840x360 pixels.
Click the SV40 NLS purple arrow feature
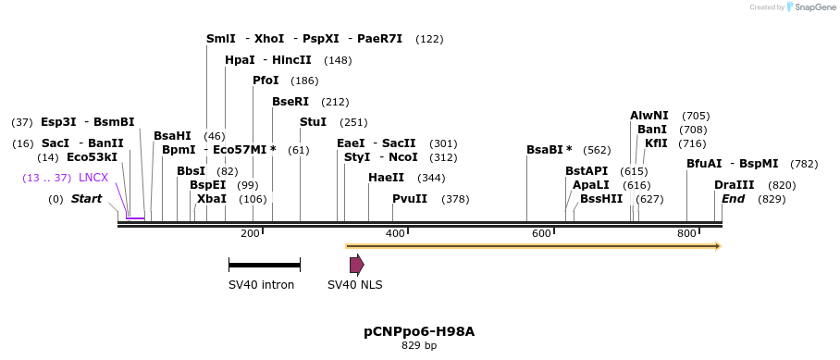pyautogui.click(x=356, y=266)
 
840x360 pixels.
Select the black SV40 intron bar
pyautogui.click(x=264, y=266)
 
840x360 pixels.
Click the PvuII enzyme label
pyautogui.click(x=410, y=199)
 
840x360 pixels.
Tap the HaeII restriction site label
pyautogui.click(x=386, y=178)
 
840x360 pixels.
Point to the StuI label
pyautogui.click(x=313, y=122)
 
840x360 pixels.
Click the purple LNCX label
pyautogui.click(x=93, y=178)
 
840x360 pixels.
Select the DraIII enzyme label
pyautogui.click(x=734, y=185)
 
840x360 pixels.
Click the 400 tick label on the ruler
pyautogui.click(x=396, y=233)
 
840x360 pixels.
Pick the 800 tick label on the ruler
pyautogui.click(x=686, y=233)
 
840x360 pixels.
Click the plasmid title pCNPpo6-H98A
pyautogui.click(x=419, y=331)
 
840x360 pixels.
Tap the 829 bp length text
pyautogui.click(x=419, y=346)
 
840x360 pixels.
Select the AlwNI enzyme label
pyautogui.click(x=649, y=116)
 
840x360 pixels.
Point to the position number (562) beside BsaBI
pyautogui.click(x=597, y=150)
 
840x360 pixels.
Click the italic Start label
pyautogui.click(x=86, y=199)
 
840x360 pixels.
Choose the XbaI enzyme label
pyautogui.click(x=212, y=199)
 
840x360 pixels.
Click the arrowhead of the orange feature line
pyautogui.click(x=717, y=246)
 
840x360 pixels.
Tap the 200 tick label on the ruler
pyautogui.click(x=250, y=233)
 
